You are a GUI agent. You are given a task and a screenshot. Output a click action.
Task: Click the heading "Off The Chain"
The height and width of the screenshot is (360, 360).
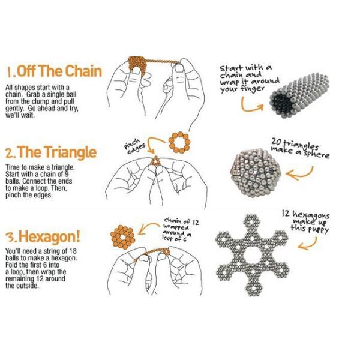pos(59,71)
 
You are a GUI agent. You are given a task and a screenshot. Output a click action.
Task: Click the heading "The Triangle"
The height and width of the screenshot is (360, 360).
pos(57,152)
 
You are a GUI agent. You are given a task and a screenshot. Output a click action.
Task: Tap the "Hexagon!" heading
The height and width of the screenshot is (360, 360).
pos(49,236)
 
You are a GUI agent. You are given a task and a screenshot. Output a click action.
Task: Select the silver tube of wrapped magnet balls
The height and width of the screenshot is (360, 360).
pos(299,95)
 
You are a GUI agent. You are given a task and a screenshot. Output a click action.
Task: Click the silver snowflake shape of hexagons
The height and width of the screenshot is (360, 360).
pos(253,255)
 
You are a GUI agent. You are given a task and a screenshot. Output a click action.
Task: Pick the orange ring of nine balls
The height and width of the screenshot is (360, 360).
pos(179,142)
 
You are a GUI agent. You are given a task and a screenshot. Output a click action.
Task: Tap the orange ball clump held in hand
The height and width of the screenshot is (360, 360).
pos(137,67)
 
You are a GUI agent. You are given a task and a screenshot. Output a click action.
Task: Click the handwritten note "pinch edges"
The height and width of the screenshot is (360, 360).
pos(134,145)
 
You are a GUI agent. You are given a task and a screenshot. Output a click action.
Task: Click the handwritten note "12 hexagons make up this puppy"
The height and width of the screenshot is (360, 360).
pos(306,222)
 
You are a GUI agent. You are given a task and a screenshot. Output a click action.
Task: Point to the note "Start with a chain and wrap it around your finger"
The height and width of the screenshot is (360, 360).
pos(250,79)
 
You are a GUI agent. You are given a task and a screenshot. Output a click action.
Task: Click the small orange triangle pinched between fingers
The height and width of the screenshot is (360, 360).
pos(155,161)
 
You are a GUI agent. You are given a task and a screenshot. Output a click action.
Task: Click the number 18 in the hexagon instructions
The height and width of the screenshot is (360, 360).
pos(73,251)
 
